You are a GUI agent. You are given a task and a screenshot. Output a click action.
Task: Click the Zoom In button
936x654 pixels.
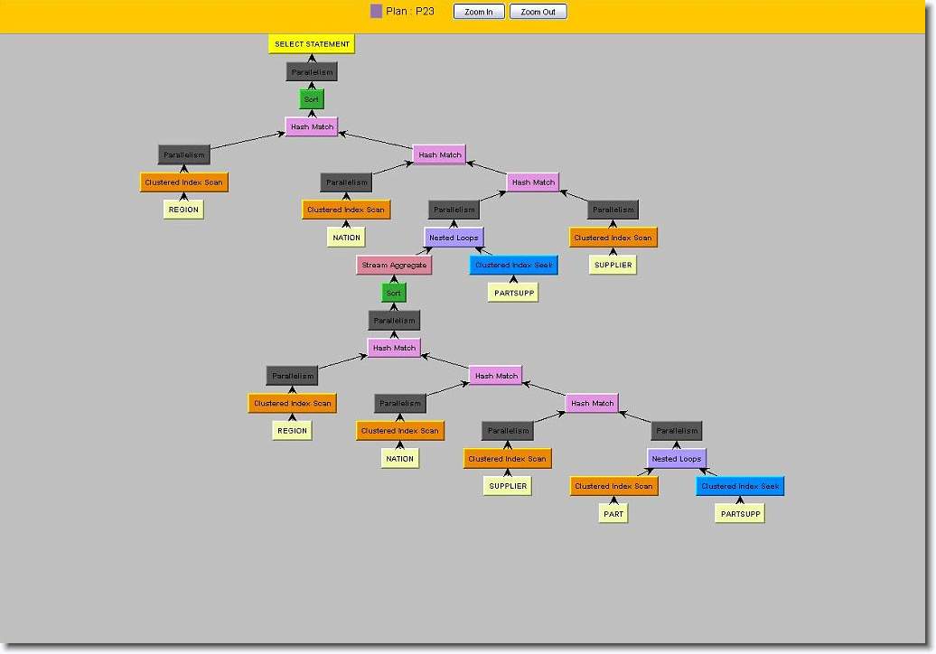[479, 12]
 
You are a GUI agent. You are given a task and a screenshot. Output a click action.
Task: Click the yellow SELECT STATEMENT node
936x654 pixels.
[312, 43]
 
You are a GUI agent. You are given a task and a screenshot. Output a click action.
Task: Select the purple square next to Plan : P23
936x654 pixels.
[377, 12]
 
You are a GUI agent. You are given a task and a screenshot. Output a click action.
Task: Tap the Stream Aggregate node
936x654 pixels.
[394, 266]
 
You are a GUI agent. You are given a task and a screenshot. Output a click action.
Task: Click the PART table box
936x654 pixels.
[613, 513]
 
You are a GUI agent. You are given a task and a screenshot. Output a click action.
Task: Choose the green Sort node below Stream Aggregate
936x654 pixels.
[393, 293]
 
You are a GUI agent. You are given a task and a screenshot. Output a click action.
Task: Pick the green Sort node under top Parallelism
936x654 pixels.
[311, 99]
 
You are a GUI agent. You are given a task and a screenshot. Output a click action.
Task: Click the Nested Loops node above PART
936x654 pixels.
[677, 458]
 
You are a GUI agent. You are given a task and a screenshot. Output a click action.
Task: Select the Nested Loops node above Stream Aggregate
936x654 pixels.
[454, 238]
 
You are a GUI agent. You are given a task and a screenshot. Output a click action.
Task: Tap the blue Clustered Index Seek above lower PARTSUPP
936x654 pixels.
[740, 486]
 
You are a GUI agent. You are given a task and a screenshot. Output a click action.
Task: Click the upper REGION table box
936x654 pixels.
[183, 210]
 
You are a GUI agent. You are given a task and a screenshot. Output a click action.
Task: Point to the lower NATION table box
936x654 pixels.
[399, 458]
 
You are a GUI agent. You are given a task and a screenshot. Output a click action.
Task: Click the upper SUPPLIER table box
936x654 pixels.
[613, 265]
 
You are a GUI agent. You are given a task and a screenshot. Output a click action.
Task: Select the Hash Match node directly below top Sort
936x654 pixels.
[312, 127]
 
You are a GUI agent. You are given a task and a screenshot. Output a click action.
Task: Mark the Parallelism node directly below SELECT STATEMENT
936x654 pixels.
[312, 71]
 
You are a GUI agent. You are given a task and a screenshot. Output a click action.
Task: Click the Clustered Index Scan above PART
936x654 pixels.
[613, 486]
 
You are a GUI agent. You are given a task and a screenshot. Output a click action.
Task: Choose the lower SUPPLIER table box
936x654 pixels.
[508, 486]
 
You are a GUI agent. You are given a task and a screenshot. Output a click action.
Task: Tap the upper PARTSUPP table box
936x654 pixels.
[512, 293]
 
